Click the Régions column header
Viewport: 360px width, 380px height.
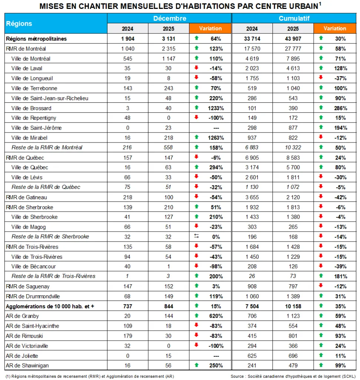19,23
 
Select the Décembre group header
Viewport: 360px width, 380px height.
170,19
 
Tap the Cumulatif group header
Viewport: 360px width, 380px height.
294,19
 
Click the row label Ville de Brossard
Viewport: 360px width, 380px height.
31,108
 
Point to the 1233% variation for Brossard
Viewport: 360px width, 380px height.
216,108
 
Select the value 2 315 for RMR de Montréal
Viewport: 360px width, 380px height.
168,49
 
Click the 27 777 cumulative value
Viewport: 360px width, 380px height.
293,49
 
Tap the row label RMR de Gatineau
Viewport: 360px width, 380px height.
26,197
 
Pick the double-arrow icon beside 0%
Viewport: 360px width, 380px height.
196,236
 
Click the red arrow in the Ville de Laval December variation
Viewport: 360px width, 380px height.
196,68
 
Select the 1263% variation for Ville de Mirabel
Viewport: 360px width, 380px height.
216,138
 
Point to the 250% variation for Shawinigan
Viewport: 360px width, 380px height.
216,366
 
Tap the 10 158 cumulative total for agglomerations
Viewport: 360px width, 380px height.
293,306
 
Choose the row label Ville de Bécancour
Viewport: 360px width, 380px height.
33,266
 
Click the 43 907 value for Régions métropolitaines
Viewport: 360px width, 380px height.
293,39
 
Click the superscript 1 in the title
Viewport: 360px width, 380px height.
320,3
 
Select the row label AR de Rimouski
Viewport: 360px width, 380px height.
24,336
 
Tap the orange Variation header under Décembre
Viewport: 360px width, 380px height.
210,28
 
